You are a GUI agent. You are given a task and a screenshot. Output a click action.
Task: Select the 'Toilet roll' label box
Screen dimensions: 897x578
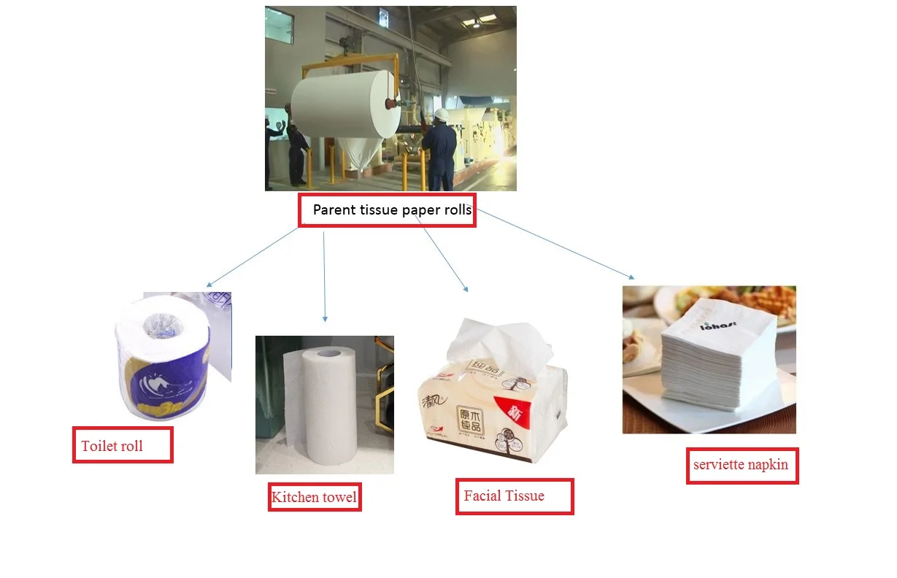123,445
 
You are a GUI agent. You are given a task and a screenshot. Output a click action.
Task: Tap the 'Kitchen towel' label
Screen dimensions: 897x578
315,498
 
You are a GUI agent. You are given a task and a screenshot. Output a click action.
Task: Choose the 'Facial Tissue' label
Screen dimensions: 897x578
514,496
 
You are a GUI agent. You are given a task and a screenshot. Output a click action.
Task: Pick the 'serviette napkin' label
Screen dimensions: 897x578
742,465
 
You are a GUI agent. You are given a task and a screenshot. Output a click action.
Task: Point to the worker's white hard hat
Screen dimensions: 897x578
441,115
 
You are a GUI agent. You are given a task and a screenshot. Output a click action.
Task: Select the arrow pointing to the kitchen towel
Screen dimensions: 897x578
324,277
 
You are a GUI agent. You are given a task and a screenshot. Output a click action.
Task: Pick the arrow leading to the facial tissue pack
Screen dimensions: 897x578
441,252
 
